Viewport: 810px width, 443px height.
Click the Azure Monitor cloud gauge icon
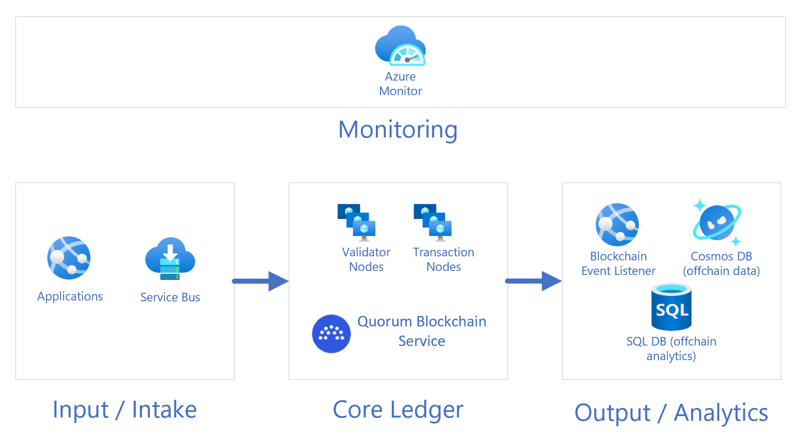400,46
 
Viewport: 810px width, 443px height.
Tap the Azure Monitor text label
400,84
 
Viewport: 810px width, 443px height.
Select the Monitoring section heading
398,129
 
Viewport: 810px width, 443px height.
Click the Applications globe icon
69,258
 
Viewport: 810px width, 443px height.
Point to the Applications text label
70,296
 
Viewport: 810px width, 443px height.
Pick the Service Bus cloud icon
170,259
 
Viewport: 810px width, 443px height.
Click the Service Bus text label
170,297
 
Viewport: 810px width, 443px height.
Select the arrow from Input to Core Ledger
260,281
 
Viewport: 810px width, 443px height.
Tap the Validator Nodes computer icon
356,223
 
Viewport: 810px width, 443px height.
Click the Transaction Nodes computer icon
433,223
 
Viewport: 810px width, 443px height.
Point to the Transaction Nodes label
444,260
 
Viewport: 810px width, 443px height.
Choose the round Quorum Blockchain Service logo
331,334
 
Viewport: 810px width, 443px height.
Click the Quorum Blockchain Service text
422,331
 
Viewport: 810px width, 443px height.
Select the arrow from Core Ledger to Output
533,281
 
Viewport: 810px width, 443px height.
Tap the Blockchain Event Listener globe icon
617,224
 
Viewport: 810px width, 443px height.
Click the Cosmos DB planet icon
717,223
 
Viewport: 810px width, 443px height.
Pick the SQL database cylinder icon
672,307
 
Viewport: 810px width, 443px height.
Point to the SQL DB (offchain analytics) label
671,348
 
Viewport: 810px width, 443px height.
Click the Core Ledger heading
398,410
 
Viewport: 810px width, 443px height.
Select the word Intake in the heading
164,409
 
